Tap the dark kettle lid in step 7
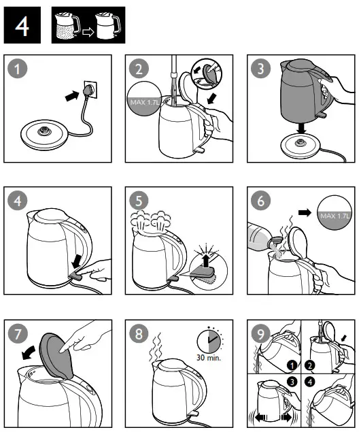(x=54, y=354)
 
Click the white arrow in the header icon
(x=87, y=31)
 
